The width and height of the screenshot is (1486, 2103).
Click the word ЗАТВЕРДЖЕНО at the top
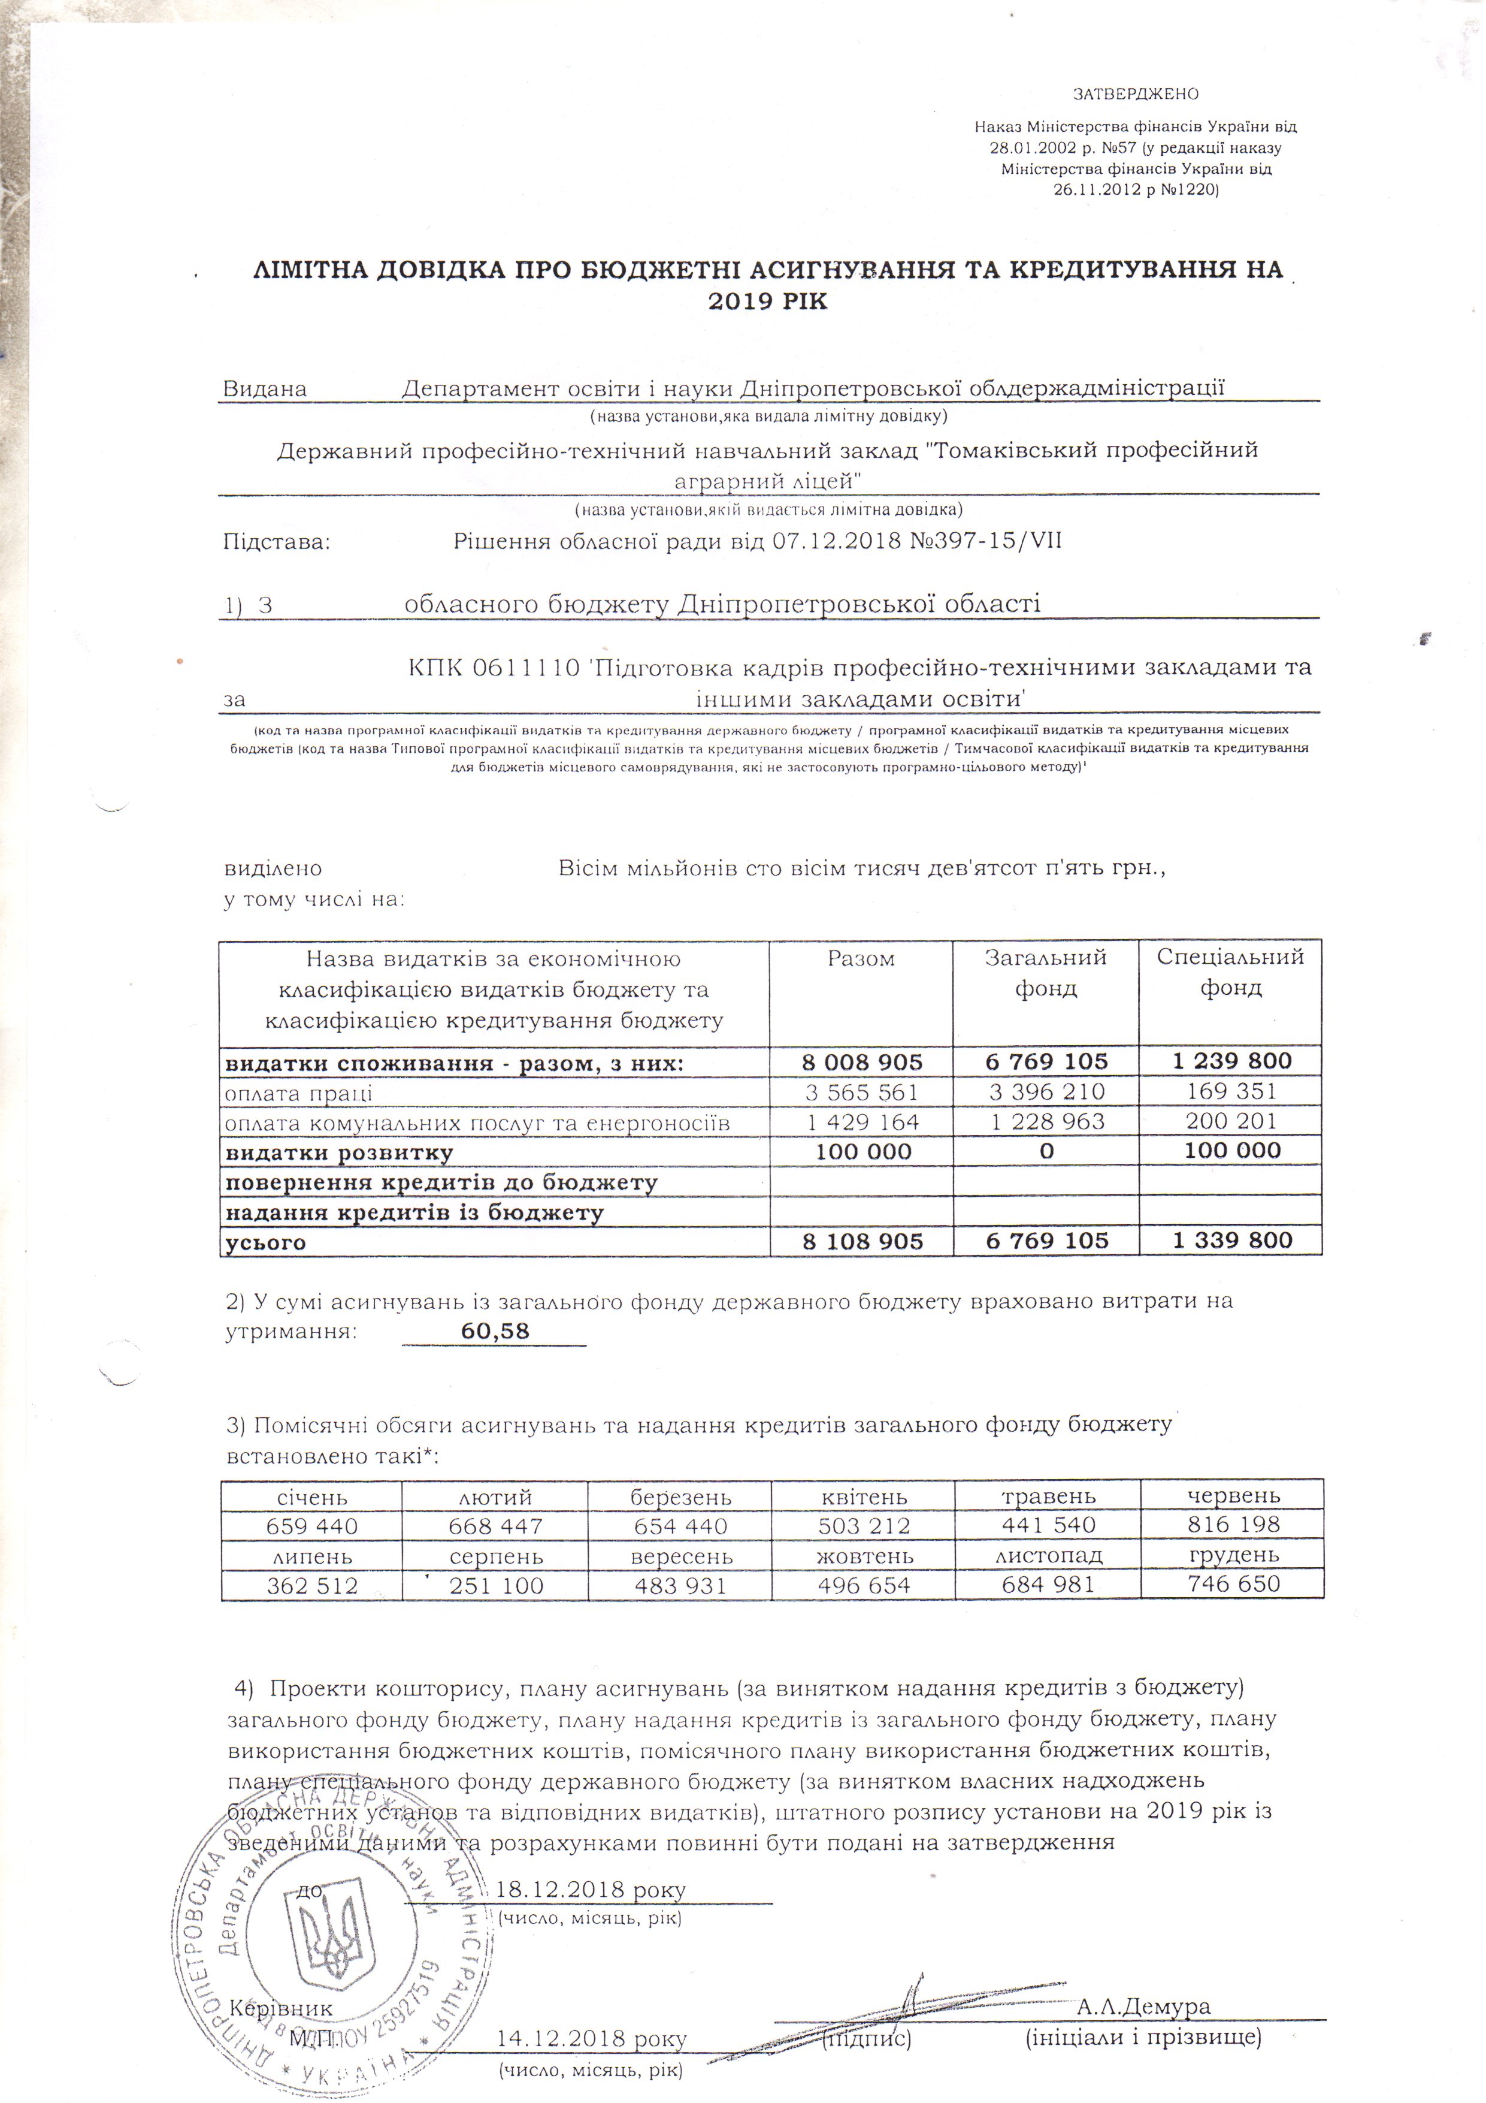tap(1136, 94)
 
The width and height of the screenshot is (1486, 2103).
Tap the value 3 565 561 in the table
tap(861, 1092)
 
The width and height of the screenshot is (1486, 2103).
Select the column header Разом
tap(861, 959)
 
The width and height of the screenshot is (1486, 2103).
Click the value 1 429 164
tap(861, 1122)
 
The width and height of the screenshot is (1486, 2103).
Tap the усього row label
tap(265, 1242)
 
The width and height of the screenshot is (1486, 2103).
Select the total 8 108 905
tap(861, 1241)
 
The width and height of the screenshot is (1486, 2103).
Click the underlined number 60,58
tap(495, 1331)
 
